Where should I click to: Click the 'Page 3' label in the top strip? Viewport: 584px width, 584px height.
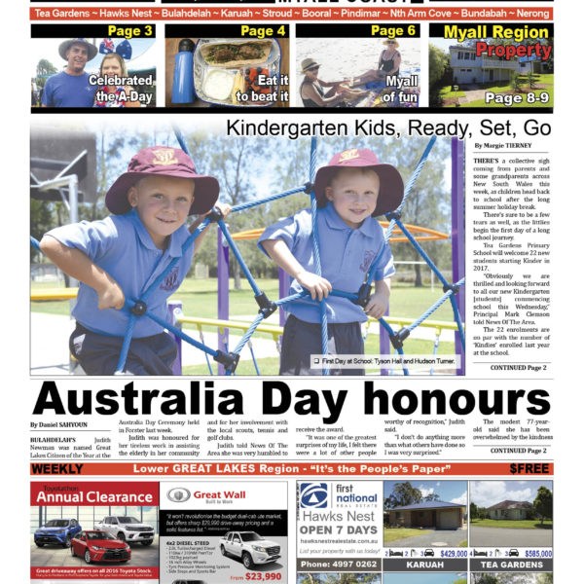[129, 32]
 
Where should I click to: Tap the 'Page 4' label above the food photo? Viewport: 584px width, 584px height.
[263, 32]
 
